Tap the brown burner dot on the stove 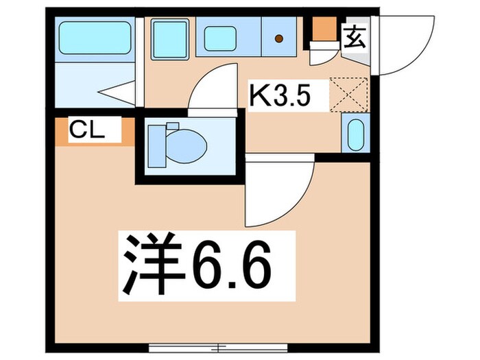(x=279, y=38)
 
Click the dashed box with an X (x=349, y=94)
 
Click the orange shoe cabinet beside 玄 (x=322, y=30)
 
